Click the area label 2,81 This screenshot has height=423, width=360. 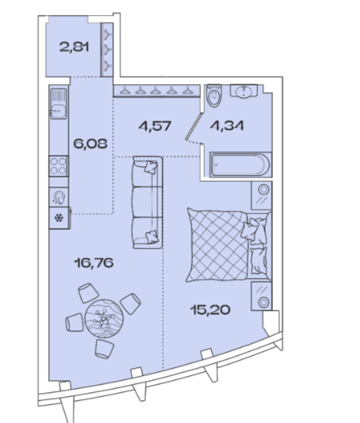pos(74,48)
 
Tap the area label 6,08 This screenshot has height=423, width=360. pos(90,144)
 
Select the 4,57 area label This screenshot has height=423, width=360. pos(155,126)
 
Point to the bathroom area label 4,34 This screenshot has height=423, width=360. pos(228,126)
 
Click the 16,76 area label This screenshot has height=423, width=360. pos(94,263)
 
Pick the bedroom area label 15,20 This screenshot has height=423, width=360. pos(210,310)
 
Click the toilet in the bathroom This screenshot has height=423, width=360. pos(214,96)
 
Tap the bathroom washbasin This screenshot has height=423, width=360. pos(244,90)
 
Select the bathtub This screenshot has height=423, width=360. pos(240,165)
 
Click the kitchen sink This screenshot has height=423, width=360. pos(58,104)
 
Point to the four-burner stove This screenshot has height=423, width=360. pos(59,166)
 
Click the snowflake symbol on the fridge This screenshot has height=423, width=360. pos(59,218)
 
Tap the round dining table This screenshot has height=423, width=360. pos(104,319)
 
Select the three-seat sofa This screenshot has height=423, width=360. pos(147,202)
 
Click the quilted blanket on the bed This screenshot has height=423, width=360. pos(217,244)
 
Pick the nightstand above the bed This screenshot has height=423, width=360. pos(261,195)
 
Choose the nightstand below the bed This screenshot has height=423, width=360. pos(261,296)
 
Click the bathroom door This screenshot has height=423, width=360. pos(194,126)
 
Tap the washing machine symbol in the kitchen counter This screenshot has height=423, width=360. pos(59,197)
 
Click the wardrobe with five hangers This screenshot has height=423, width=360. pos(156,91)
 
